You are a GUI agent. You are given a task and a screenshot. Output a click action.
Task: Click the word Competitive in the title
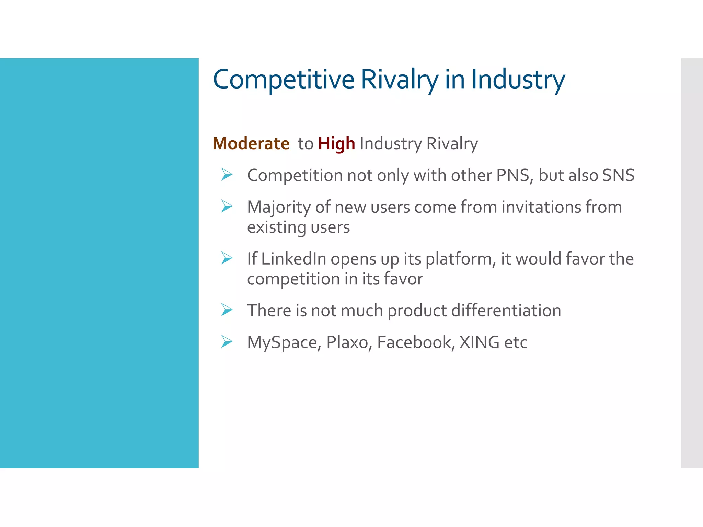tap(284, 80)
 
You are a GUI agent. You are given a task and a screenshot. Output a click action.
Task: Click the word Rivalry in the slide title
tap(399, 80)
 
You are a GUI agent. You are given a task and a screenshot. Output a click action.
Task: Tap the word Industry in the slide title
tap(518, 80)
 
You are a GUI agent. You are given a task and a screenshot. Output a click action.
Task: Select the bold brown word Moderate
tap(251, 143)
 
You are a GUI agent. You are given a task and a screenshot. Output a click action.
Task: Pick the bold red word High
tap(336, 143)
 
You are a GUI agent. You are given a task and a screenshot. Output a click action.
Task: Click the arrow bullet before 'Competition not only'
tap(227, 175)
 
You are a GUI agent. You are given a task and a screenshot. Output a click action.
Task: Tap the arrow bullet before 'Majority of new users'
tap(227, 206)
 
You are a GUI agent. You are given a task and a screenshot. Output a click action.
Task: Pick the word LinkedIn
tap(293, 259)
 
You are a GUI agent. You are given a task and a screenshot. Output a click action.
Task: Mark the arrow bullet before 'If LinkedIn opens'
tap(227, 258)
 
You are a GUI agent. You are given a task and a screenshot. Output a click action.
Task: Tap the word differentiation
tap(506, 311)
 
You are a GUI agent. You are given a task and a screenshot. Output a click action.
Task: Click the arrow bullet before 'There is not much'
tap(227, 310)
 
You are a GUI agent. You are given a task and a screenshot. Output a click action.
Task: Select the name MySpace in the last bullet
tap(284, 342)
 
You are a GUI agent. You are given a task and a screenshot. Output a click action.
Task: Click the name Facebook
tap(416, 342)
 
